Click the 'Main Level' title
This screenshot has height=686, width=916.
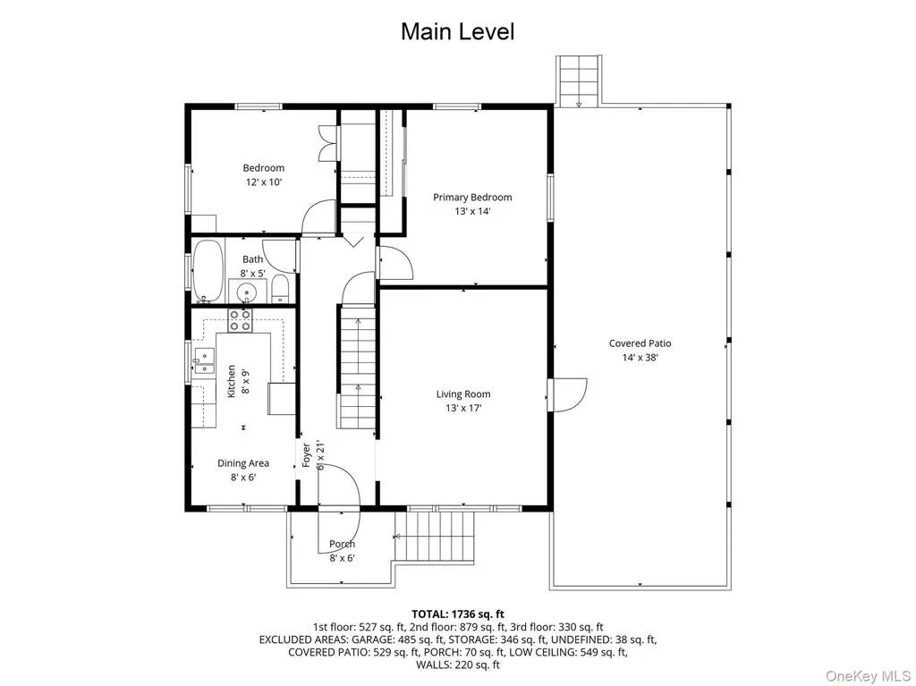coord(457,31)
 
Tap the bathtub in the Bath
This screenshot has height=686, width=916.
coord(208,271)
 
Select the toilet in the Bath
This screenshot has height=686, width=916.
coord(280,289)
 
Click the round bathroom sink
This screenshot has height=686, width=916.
coord(247,291)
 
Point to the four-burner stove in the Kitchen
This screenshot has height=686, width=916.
coord(240,321)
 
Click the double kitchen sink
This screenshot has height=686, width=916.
coord(205,361)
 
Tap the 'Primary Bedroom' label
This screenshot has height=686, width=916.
coord(472,198)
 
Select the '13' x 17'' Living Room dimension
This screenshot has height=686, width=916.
coord(463,409)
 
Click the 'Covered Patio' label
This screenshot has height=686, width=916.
coord(640,343)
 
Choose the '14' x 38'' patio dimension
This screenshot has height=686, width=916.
coord(640,358)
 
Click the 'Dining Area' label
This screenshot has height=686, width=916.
coord(243,463)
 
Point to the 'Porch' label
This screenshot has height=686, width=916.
coord(343,544)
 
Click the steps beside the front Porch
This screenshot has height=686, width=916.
coord(434,535)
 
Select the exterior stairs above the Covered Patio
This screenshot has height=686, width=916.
coord(579,80)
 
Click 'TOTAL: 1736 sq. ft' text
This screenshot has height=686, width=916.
coord(458,614)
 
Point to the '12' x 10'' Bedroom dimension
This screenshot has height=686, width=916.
coord(264,182)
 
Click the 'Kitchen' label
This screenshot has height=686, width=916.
coord(232,382)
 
